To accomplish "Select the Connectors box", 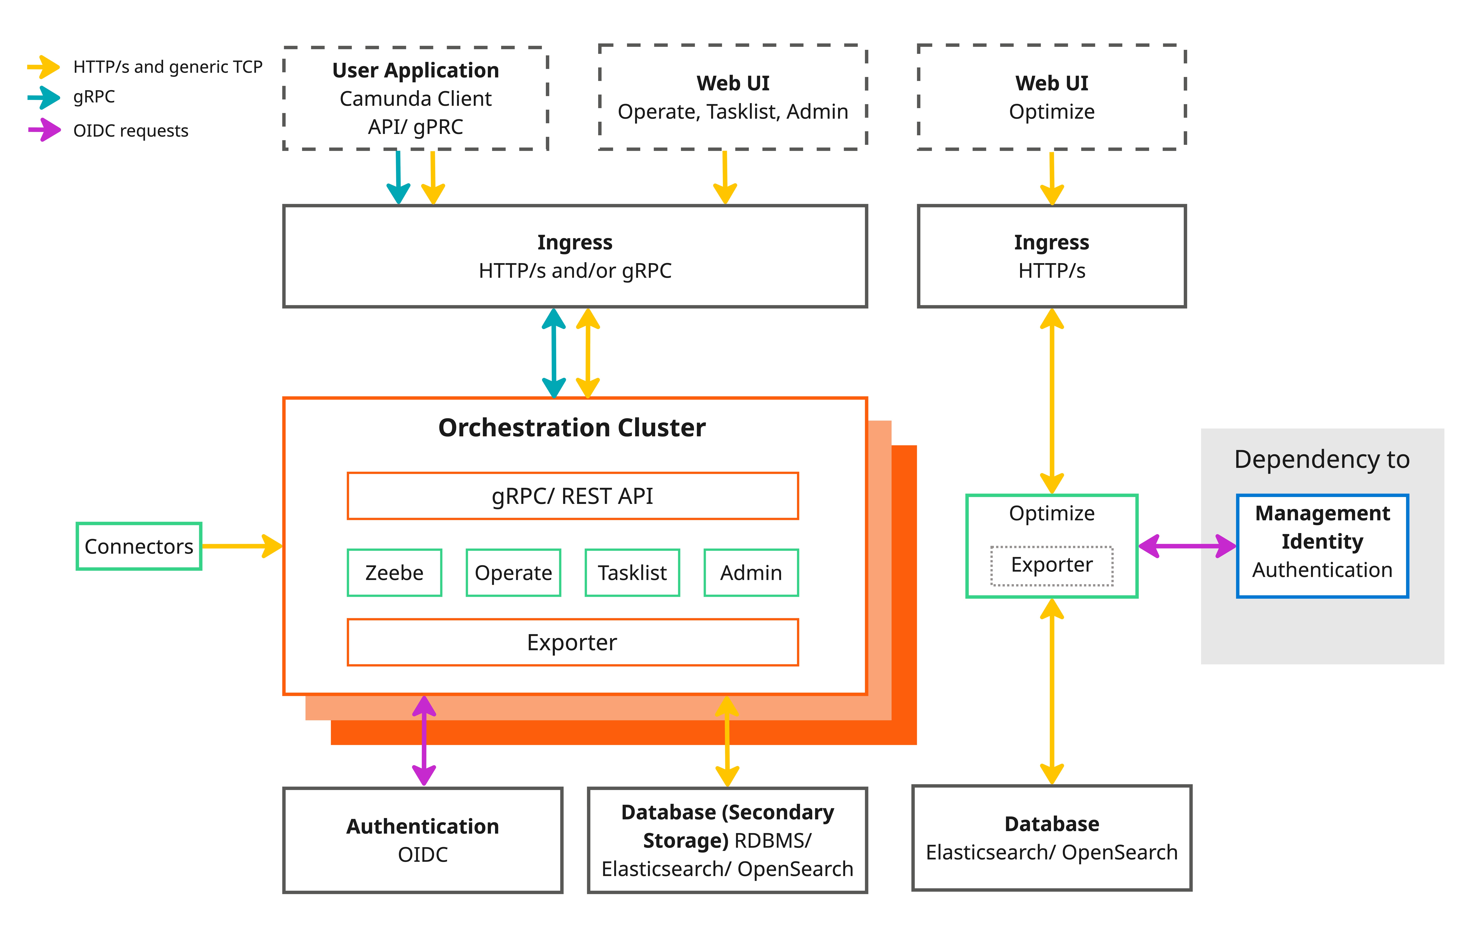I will pos(139,546).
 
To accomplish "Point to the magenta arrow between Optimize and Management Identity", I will pos(1186,546).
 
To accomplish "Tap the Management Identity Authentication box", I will pos(1322,546).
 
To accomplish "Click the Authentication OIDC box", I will pos(423,840).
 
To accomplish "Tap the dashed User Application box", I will pos(415,98).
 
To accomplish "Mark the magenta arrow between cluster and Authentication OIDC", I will pos(424,740).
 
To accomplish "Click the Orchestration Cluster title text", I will pos(572,428).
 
